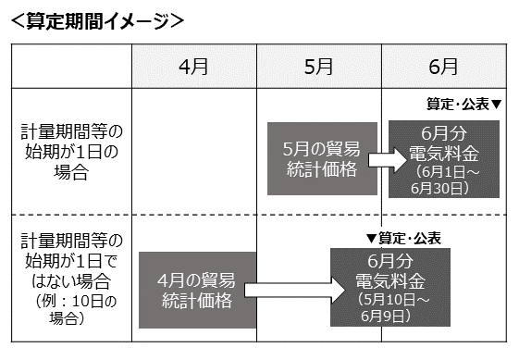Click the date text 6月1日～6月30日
[x=444, y=180]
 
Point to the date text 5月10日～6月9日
[x=390, y=308]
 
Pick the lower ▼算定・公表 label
[x=403, y=238]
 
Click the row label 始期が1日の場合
[x=70, y=151]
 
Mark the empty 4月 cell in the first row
[x=193, y=151]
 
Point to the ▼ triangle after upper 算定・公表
[x=496, y=106]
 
